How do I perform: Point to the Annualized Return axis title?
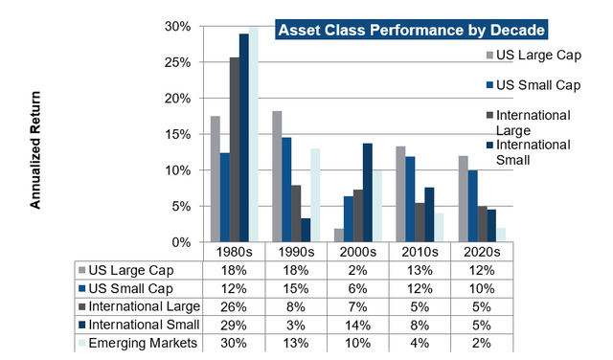pos(35,150)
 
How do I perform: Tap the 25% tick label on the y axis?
pos(187,62)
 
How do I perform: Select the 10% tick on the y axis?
pos(187,170)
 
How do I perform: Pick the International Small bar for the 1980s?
pos(244,138)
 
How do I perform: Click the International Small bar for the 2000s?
pos(367,192)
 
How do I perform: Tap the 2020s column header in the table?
pos(482,252)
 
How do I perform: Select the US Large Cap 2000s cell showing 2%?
pos(357,270)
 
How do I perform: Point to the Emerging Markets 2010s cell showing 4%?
pos(420,342)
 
